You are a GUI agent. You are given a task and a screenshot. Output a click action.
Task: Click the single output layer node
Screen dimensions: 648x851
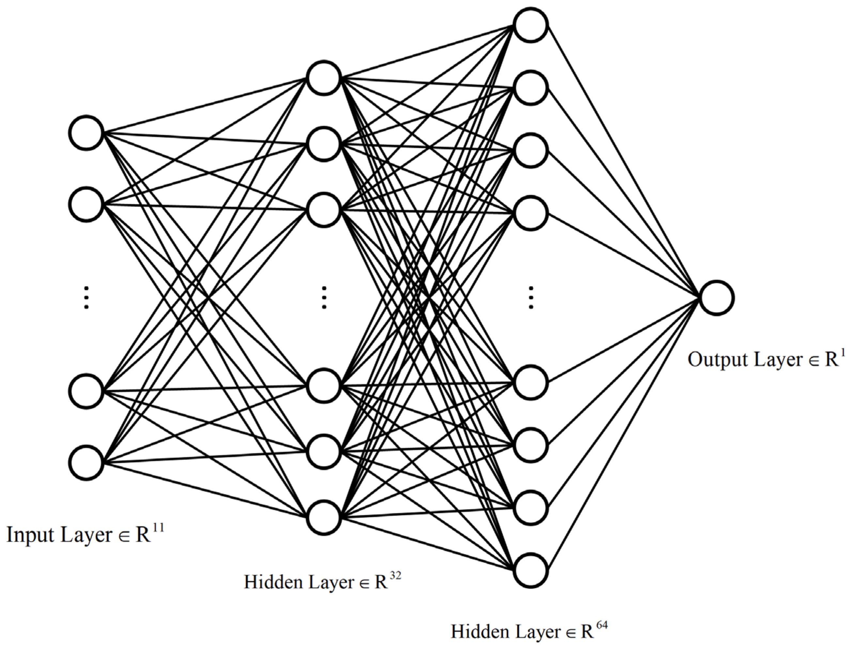(x=716, y=298)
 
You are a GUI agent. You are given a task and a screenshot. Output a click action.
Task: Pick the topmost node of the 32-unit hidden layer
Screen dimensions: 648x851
(x=324, y=78)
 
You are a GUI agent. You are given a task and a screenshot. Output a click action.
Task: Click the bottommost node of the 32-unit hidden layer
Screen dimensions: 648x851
(x=324, y=517)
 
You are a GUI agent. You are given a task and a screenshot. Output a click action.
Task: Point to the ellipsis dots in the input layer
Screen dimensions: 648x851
(x=87, y=297)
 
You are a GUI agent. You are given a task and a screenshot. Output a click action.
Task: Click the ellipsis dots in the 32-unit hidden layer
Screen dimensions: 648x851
(x=324, y=297)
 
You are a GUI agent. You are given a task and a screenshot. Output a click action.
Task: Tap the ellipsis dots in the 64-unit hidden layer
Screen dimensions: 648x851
(x=531, y=297)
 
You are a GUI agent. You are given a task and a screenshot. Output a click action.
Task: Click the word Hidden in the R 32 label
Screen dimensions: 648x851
(x=273, y=582)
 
